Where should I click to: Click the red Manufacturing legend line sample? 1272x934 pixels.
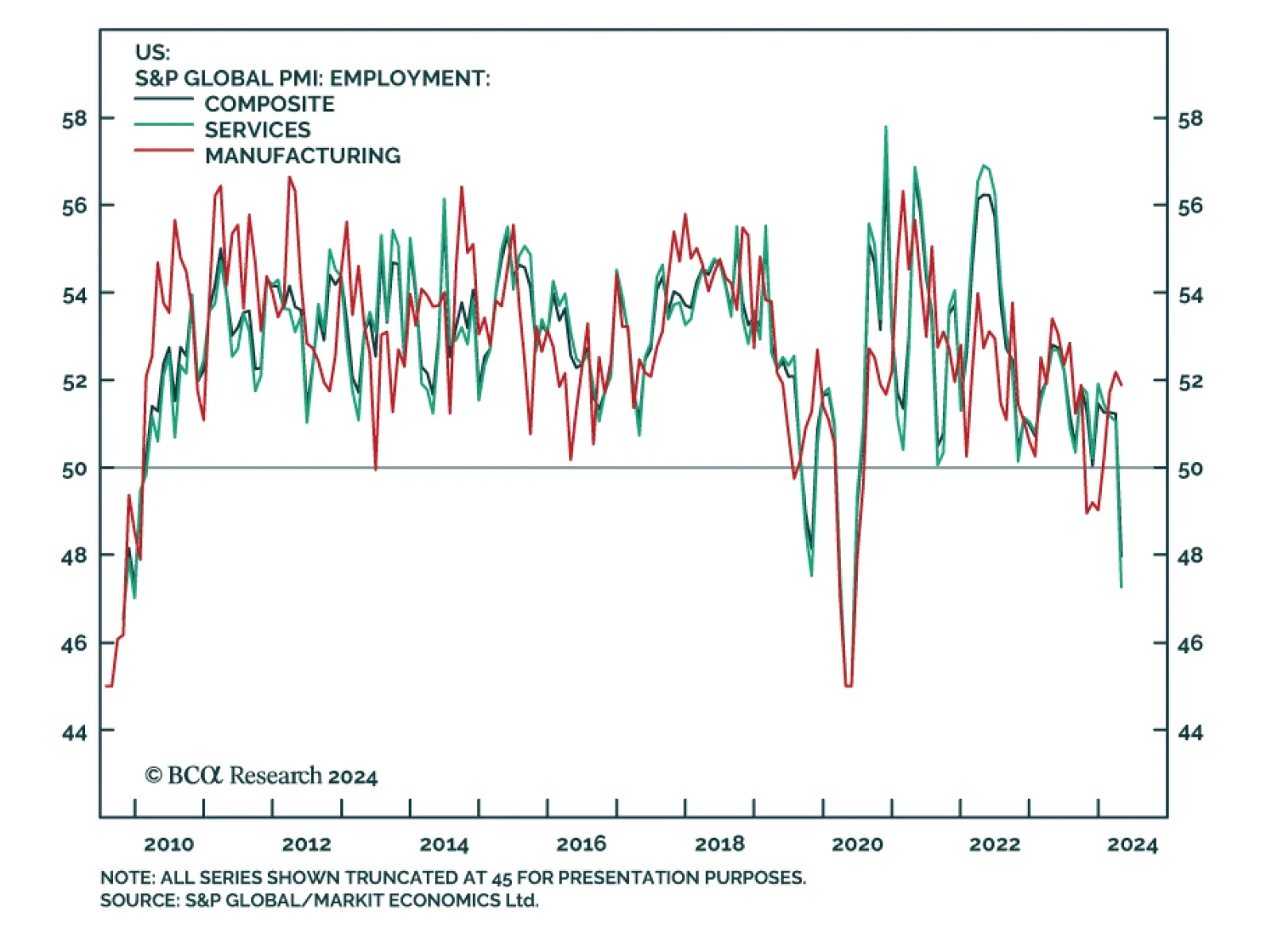point(164,150)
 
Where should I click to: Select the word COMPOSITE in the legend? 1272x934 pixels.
point(270,104)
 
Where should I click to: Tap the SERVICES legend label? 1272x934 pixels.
point(258,130)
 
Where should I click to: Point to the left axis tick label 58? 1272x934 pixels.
point(75,119)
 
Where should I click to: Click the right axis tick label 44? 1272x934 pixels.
point(1190,732)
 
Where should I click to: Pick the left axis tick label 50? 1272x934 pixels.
point(75,469)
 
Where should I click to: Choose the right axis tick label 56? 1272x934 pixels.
point(1190,207)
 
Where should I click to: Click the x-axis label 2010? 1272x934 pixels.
point(169,844)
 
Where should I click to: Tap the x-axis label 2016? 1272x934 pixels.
point(581,844)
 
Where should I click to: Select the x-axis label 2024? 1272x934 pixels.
point(1132,844)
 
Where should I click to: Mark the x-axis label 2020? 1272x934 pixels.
point(857,844)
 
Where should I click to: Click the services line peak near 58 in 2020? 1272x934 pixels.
point(886,127)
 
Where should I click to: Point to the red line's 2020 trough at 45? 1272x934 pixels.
point(848,685)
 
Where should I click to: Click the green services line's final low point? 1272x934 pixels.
point(1121,586)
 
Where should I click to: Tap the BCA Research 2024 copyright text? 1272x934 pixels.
point(261,776)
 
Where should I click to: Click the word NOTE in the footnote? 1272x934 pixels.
point(126,878)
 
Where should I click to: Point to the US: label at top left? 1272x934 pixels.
point(152,53)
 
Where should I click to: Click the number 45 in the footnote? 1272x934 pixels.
point(502,878)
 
